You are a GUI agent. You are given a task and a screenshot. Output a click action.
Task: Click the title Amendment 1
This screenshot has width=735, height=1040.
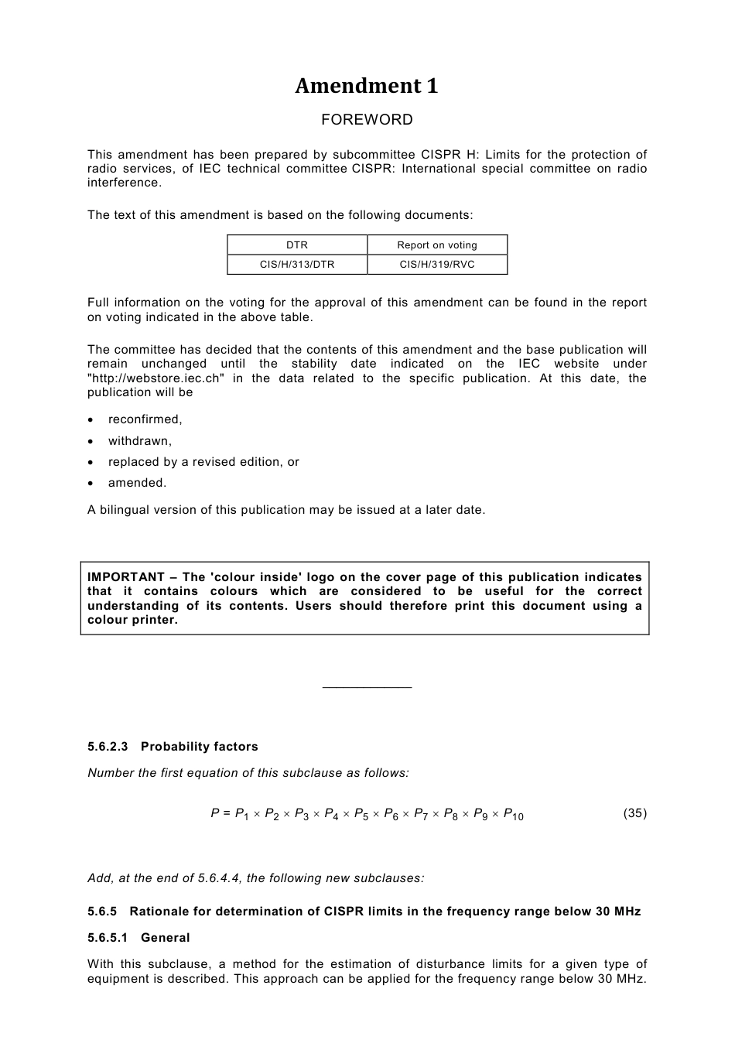366,86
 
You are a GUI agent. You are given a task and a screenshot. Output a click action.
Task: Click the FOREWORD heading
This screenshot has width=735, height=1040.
367,120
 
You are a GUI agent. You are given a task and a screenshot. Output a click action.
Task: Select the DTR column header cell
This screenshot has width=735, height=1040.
297,245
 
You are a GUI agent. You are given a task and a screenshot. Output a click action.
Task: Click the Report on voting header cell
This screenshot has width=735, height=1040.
437,245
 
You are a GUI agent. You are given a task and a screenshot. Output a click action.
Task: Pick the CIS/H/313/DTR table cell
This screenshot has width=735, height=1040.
297,265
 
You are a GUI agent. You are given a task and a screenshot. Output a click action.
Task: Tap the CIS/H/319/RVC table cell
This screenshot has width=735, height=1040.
437,265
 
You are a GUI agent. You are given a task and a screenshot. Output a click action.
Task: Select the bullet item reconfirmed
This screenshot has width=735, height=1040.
145,419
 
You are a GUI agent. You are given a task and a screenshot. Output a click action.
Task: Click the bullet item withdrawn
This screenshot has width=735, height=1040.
139,441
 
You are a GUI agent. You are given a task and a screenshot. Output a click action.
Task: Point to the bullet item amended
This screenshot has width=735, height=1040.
137,483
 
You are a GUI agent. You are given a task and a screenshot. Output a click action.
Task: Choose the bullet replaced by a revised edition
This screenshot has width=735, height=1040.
203,462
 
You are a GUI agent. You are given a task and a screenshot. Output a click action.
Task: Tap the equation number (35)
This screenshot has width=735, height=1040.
634,813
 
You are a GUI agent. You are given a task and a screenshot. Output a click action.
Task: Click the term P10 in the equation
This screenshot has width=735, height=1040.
513,814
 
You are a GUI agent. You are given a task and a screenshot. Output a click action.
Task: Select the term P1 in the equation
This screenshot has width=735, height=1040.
241,814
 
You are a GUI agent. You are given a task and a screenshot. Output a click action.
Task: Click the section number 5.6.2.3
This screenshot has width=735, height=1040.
108,747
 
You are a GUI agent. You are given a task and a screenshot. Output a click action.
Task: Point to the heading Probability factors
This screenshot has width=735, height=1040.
199,747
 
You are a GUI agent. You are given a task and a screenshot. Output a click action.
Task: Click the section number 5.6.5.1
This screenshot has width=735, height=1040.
108,938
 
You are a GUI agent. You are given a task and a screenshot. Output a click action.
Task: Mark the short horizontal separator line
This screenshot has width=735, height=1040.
367,687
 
